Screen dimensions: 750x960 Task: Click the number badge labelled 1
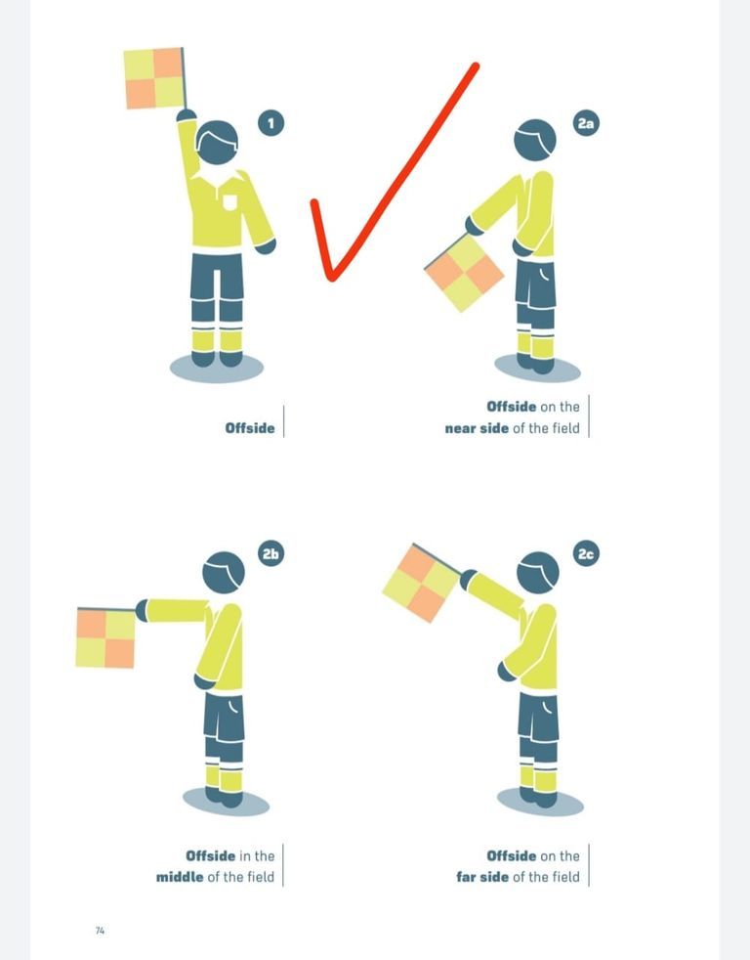271,123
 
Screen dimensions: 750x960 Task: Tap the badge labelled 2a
586,123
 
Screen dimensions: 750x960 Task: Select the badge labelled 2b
271,553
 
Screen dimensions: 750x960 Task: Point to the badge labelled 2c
586,553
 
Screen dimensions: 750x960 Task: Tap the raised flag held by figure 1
154,78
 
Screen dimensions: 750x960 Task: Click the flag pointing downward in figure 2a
464,273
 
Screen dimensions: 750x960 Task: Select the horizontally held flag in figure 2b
105,637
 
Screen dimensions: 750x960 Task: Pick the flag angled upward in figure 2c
422,583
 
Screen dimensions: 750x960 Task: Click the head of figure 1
217,142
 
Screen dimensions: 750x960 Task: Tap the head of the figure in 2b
224,573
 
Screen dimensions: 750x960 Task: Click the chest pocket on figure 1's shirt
229,202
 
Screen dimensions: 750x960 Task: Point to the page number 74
101,931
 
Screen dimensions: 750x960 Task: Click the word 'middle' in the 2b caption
180,877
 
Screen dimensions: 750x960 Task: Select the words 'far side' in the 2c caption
482,877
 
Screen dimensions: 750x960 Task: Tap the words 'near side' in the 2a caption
477,428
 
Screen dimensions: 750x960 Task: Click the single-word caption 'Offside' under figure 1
250,428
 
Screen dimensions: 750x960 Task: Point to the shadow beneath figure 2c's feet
540,802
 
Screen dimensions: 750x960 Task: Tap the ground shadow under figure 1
217,368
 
